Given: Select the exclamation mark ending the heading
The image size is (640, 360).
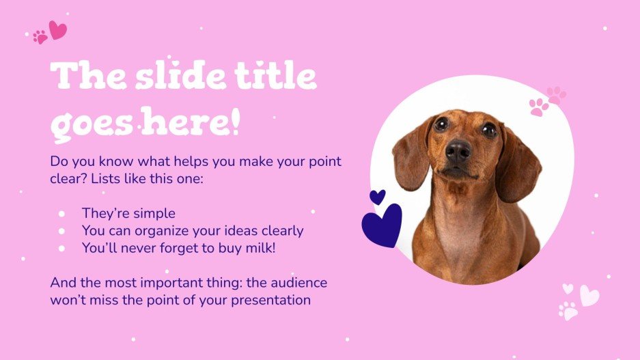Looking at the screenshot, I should [235, 123].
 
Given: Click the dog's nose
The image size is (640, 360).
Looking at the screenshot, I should [458, 150].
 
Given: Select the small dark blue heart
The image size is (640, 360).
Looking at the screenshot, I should [377, 197].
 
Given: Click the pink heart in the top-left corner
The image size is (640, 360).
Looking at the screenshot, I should [58, 30].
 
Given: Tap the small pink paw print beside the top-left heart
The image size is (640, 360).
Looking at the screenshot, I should [40, 37].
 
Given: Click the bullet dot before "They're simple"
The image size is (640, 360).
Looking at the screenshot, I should [61, 214].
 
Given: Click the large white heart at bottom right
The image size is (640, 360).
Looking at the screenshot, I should [589, 295].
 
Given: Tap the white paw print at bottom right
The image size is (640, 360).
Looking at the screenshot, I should [568, 311].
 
